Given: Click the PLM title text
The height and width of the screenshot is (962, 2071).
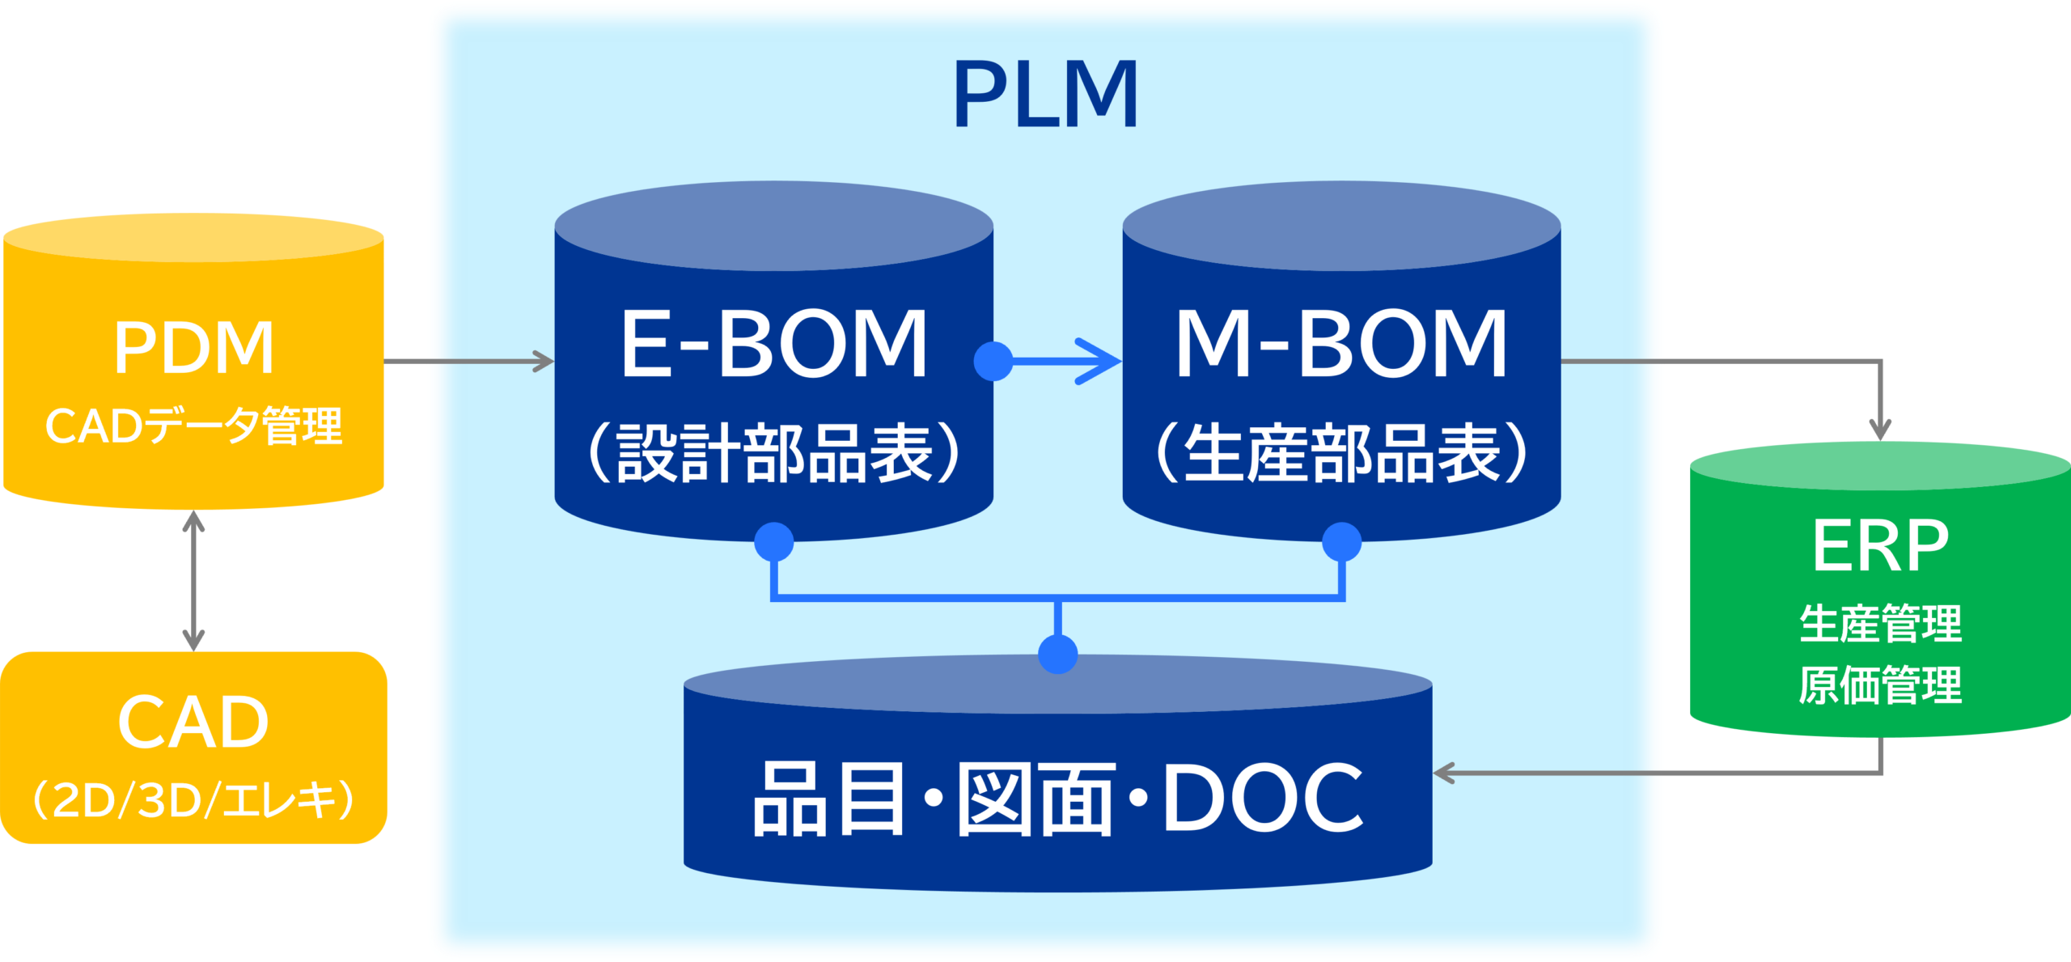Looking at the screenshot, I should [x=1046, y=95].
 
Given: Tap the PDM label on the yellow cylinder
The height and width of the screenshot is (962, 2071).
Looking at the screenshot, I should [x=193, y=348].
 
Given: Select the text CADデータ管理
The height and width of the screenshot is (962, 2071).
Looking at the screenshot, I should [x=193, y=426].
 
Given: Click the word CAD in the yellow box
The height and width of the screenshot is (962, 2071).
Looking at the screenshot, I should [x=193, y=723].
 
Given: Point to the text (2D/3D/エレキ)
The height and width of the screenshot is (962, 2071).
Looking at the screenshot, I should [x=193, y=799].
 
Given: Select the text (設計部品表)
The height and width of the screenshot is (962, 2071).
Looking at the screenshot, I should [x=773, y=453].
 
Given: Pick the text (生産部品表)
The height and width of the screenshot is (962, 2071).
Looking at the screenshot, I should [x=1341, y=453].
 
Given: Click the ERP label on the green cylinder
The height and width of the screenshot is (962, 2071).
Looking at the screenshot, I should [x=1880, y=546].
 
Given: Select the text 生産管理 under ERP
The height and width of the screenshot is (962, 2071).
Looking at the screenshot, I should [x=1880, y=624].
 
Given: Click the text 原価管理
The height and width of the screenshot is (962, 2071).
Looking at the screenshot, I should [x=1880, y=685].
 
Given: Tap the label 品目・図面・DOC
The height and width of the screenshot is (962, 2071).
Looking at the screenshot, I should [x=1057, y=799].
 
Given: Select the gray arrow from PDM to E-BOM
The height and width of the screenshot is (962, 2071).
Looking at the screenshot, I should [x=469, y=361].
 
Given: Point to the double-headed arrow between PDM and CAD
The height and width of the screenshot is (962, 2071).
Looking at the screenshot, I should [x=193, y=581].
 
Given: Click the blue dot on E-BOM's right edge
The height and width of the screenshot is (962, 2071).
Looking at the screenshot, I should [x=993, y=361].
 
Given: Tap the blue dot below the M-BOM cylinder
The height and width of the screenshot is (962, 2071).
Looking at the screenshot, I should [x=1341, y=541].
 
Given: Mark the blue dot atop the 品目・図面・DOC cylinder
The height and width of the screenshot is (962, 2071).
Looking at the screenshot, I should [x=1057, y=654].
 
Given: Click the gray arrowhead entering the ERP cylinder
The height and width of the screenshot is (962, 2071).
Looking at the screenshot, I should [x=1881, y=429].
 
